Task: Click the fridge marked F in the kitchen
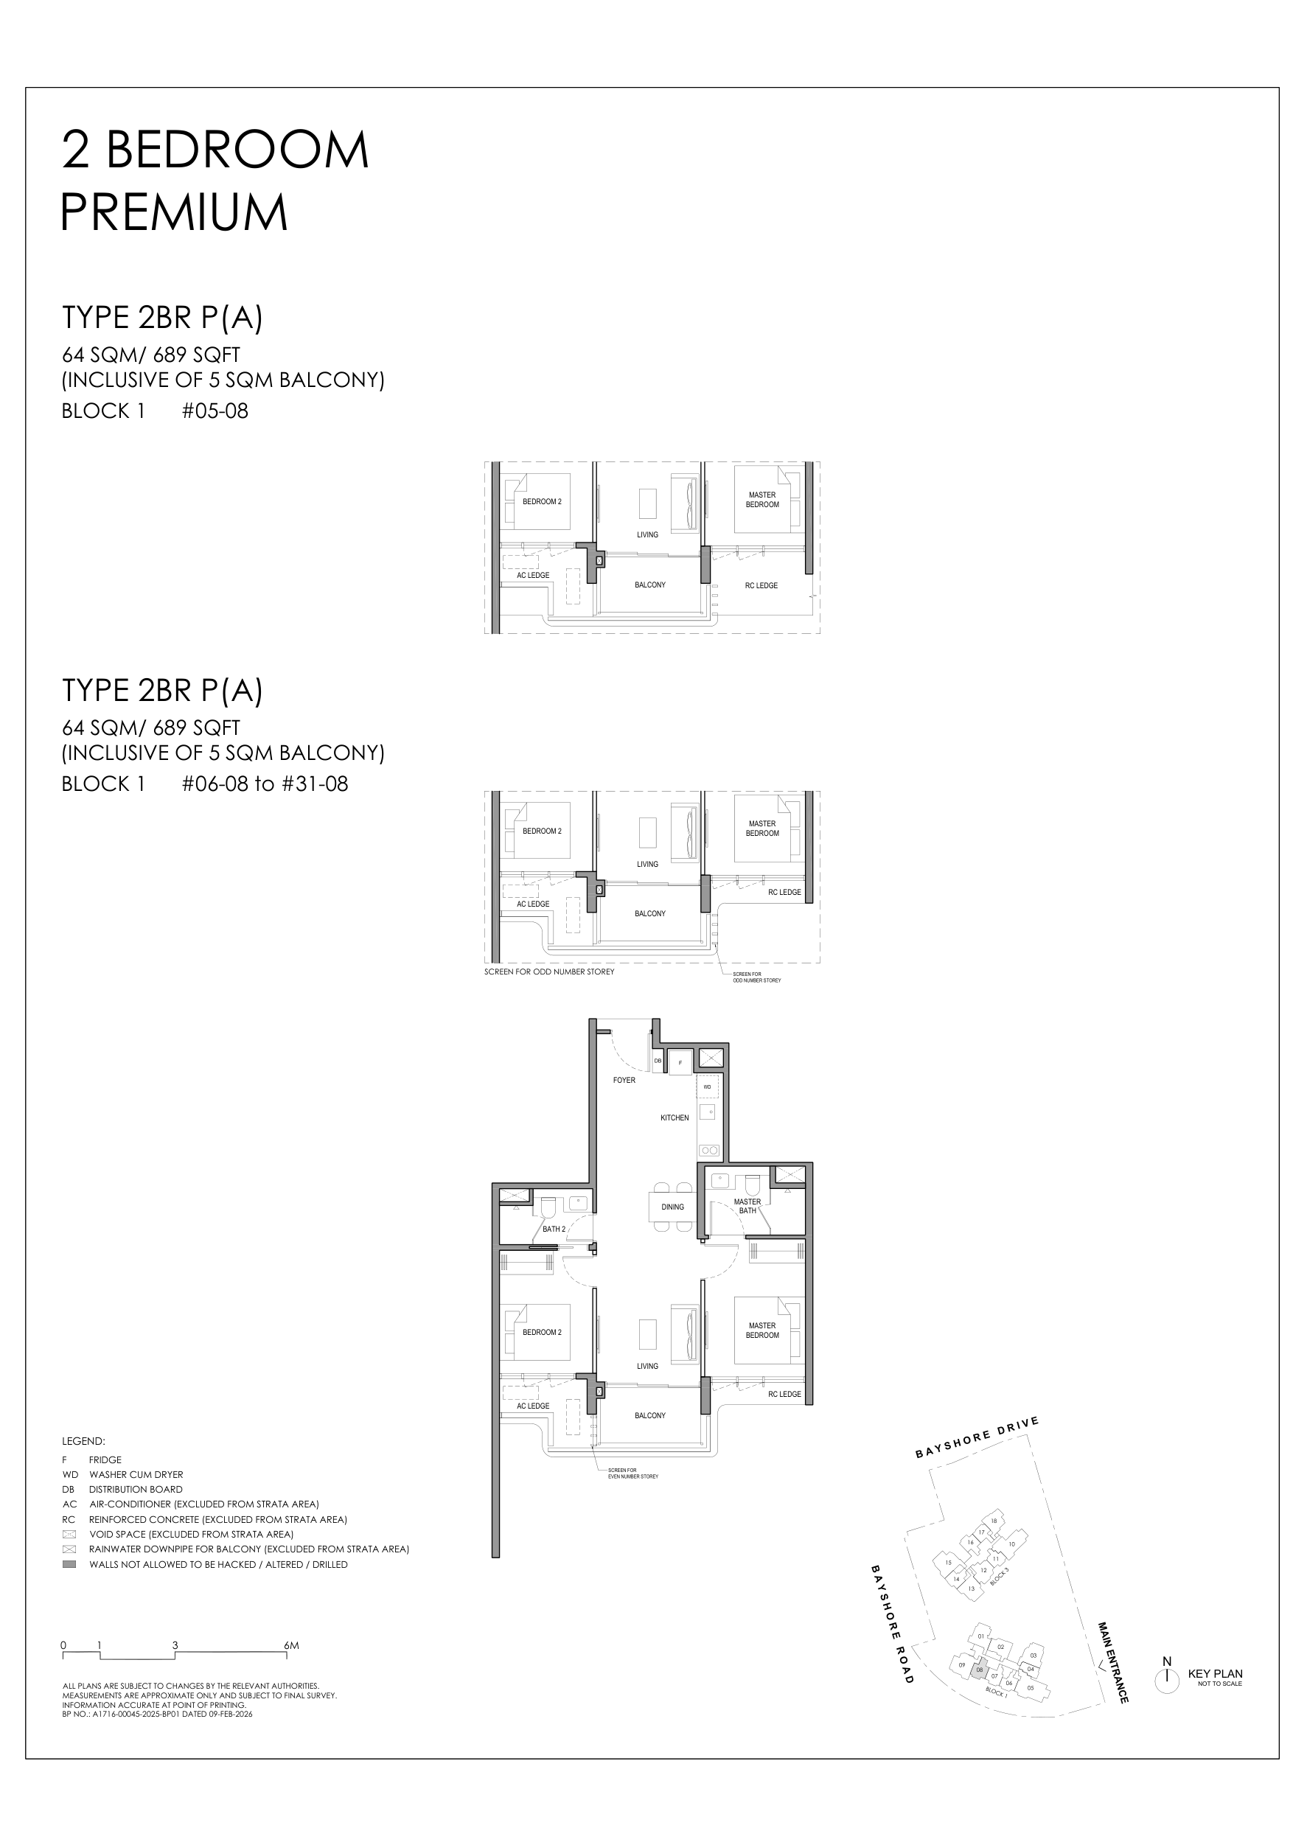pyautogui.click(x=681, y=1062)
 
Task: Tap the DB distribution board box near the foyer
pyautogui.click(x=658, y=1061)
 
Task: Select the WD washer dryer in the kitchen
pyautogui.click(x=707, y=1087)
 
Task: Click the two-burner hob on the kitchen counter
pyautogui.click(x=708, y=1151)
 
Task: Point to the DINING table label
pyautogui.click(x=672, y=1207)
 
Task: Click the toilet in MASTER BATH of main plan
pyautogui.click(x=753, y=1185)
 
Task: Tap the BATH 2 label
pyautogui.click(x=554, y=1229)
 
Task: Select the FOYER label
pyautogui.click(x=624, y=1080)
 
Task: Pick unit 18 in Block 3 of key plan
pyautogui.click(x=994, y=1521)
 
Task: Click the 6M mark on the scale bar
pyautogui.click(x=290, y=1646)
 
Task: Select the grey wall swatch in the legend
pyautogui.click(x=69, y=1564)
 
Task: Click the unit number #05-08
pyautogui.click(x=215, y=411)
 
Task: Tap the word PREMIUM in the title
pyautogui.click(x=175, y=212)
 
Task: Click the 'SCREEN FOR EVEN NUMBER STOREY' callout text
pyautogui.click(x=632, y=1473)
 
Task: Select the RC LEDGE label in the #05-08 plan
pyautogui.click(x=761, y=586)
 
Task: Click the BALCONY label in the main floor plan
pyautogui.click(x=649, y=1415)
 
